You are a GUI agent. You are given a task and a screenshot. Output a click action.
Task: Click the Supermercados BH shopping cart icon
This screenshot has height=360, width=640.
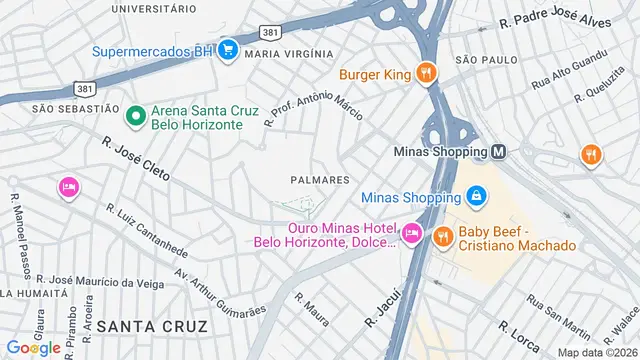tap(227, 48)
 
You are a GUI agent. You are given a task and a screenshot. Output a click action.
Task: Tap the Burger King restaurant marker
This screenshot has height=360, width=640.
tap(426, 72)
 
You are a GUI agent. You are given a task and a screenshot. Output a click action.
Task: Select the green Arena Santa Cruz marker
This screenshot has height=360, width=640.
tap(133, 116)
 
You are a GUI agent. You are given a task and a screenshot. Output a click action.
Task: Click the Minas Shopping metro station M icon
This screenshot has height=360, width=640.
tap(498, 152)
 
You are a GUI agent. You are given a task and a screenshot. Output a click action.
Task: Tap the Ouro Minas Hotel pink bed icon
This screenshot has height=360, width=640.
tap(411, 234)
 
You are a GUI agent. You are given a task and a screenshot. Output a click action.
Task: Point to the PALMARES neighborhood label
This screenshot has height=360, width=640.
tap(319, 180)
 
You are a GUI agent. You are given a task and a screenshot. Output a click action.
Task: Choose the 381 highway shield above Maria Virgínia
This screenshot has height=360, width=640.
tap(267, 32)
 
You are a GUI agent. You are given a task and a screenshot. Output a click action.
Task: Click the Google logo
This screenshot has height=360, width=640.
tap(33, 347)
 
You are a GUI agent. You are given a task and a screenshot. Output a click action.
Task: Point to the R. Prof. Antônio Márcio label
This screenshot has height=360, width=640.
tap(313, 104)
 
